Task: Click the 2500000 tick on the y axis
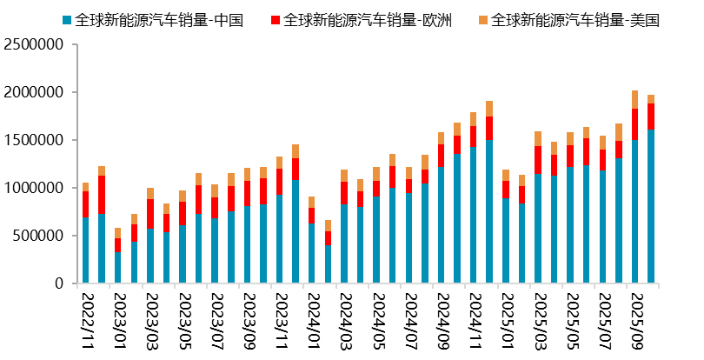(36, 44)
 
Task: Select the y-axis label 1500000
(36, 140)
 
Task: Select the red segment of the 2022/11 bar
(85, 203)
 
